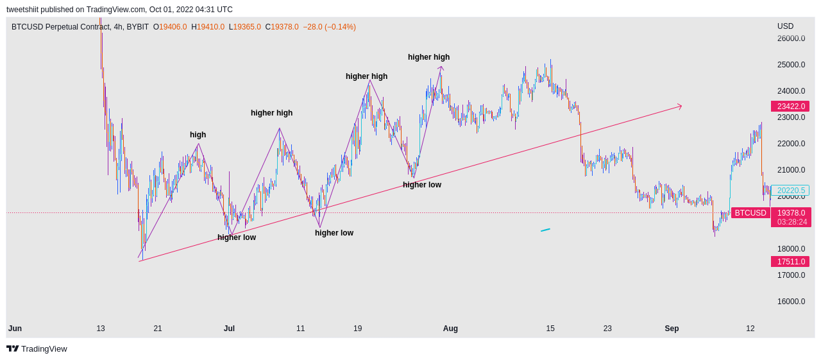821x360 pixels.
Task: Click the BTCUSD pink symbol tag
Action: (750, 212)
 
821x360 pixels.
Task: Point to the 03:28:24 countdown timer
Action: (792, 222)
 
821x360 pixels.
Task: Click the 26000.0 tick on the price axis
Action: (791, 39)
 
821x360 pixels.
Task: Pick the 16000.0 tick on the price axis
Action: (791, 302)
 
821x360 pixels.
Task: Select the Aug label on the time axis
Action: (450, 329)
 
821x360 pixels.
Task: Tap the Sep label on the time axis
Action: (672, 329)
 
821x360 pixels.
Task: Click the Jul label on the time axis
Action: (229, 329)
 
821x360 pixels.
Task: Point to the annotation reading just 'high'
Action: (198, 135)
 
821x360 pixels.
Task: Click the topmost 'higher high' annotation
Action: (429, 57)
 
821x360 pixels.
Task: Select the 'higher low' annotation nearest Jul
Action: (237, 237)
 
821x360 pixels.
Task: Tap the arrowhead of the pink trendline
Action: (681, 107)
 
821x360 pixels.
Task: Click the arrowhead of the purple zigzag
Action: (441, 67)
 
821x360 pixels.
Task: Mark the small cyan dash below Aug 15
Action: (545, 230)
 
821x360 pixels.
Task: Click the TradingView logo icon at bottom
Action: (12, 348)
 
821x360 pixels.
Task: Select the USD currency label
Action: (786, 26)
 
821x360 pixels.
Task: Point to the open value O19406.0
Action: (170, 27)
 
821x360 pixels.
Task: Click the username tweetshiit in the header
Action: (22, 10)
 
